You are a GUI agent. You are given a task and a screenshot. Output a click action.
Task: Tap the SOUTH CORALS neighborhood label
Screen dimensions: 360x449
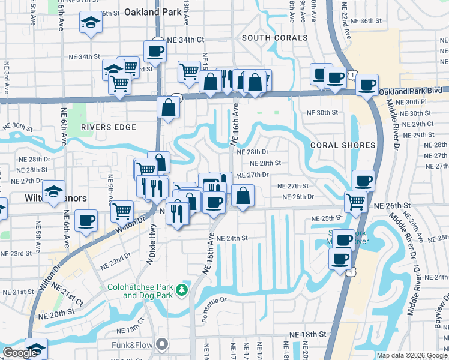275,38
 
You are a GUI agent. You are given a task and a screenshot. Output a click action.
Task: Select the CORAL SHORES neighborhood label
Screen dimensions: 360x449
343,145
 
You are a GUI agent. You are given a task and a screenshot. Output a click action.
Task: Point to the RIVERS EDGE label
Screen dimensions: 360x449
109,127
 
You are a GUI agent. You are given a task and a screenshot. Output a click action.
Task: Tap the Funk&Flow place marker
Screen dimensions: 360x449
161,344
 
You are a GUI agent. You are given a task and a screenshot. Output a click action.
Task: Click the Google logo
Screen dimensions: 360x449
20,353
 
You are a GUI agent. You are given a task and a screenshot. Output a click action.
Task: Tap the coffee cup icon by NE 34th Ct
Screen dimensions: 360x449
155,51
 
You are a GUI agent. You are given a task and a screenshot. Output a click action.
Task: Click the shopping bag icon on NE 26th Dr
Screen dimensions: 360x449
243,196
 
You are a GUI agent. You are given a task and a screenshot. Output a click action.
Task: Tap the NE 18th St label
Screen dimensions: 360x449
307,334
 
